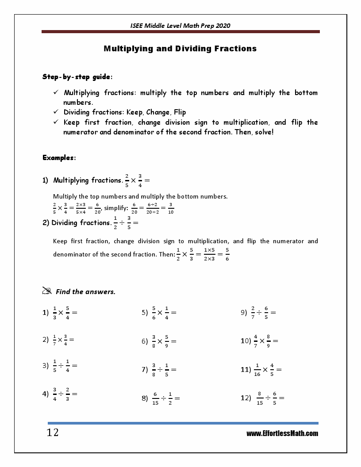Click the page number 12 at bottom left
click(x=53, y=433)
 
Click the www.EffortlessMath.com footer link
click(x=282, y=433)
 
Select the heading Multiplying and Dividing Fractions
click(x=180, y=49)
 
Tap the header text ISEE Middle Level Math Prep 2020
click(x=180, y=26)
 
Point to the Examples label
click(x=59, y=157)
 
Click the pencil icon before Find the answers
click(x=47, y=291)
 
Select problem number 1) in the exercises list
click(x=45, y=313)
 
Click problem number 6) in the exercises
click(x=144, y=341)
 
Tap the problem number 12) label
click(x=246, y=398)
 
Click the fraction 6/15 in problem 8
click(x=155, y=398)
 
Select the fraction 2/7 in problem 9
click(x=253, y=312)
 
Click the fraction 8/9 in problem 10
click(x=268, y=341)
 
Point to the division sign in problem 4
click(x=61, y=394)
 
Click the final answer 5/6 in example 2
click(x=227, y=254)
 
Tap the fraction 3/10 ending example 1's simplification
click(x=171, y=208)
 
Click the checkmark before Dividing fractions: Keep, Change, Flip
click(x=56, y=112)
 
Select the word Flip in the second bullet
click(x=180, y=112)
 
